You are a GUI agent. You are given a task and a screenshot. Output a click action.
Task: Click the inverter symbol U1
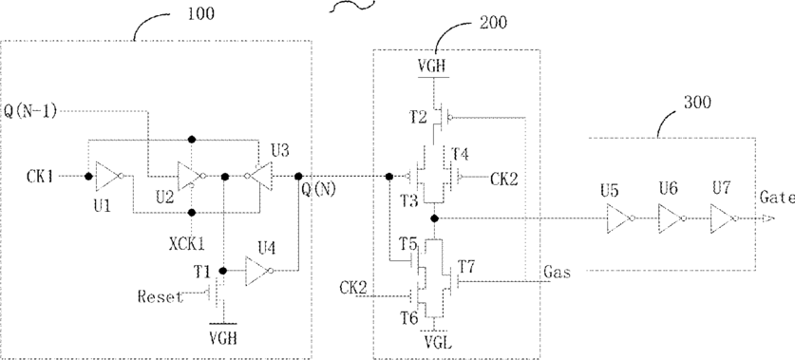pyautogui.click(x=108, y=176)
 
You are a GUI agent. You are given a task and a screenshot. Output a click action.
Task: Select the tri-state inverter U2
pyautogui.click(x=191, y=177)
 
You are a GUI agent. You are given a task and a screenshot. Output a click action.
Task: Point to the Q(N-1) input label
pyautogui.click(x=29, y=110)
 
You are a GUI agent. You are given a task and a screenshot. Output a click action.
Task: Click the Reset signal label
pyautogui.click(x=161, y=296)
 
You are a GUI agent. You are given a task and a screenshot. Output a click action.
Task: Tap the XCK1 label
pyautogui.click(x=188, y=244)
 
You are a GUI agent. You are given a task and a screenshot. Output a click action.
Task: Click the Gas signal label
pyautogui.click(x=557, y=273)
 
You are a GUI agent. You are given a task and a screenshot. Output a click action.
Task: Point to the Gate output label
pyautogui.click(x=777, y=199)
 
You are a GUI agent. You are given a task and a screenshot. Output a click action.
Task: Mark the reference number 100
pyautogui.click(x=201, y=13)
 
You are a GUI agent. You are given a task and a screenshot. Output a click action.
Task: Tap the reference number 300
pyautogui.click(x=698, y=103)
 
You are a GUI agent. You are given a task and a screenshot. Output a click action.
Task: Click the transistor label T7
pyautogui.click(x=468, y=264)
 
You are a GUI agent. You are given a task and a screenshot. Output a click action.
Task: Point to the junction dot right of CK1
pyautogui.click(x=88, y=177)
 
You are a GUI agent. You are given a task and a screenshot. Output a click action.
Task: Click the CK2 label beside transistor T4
pyautogui.click(x=504, y=179)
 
